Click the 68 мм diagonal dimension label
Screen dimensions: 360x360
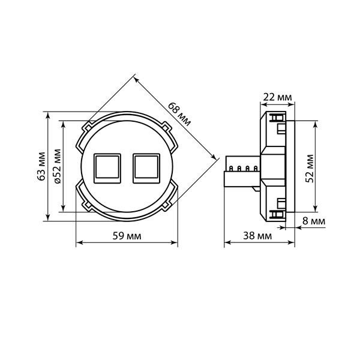click(x=179, y=114)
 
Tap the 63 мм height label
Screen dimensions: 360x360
click(x=41, y=166)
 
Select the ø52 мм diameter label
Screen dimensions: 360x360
click(x=58, y=166)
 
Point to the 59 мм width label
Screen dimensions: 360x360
click(x=127, y=236)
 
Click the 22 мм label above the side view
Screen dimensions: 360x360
click(x=277, y=97)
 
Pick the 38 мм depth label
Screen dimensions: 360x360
click(x=257, y=236)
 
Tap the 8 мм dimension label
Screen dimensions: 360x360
click(x=314, y=221)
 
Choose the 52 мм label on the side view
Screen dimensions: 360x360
click(x=310, y=169)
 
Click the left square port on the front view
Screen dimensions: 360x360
click(x=107, y=168)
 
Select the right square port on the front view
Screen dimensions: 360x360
click(x=146, y=168)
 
